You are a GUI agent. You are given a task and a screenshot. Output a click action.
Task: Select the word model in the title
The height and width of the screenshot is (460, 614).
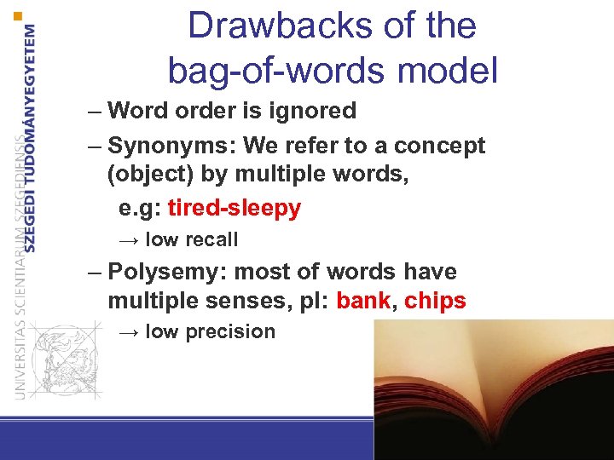[449, 70]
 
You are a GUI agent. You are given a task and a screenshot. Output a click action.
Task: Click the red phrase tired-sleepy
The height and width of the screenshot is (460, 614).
[235, 209]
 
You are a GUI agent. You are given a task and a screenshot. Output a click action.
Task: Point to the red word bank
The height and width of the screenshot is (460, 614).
[366, 302]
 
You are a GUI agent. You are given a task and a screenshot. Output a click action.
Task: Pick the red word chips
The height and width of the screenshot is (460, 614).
[435, 302]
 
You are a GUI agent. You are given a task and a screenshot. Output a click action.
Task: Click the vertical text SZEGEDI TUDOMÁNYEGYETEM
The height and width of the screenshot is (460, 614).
[32, 136]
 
